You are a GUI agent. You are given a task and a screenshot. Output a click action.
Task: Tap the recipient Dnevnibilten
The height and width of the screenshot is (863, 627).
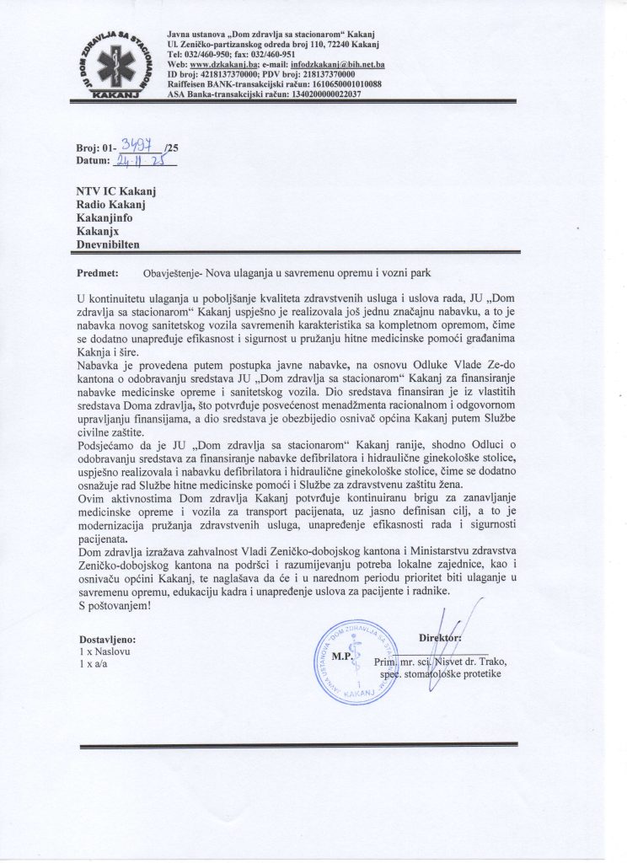point(110,244)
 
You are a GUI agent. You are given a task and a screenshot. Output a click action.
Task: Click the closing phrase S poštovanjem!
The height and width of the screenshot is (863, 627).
point(119,605)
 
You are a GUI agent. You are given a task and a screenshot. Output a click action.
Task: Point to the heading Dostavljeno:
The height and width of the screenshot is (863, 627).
point(105,640)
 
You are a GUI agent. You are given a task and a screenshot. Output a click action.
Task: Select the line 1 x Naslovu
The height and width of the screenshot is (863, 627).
point(104,652)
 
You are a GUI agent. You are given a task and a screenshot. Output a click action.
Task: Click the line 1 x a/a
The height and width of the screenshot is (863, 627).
point(94,665)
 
